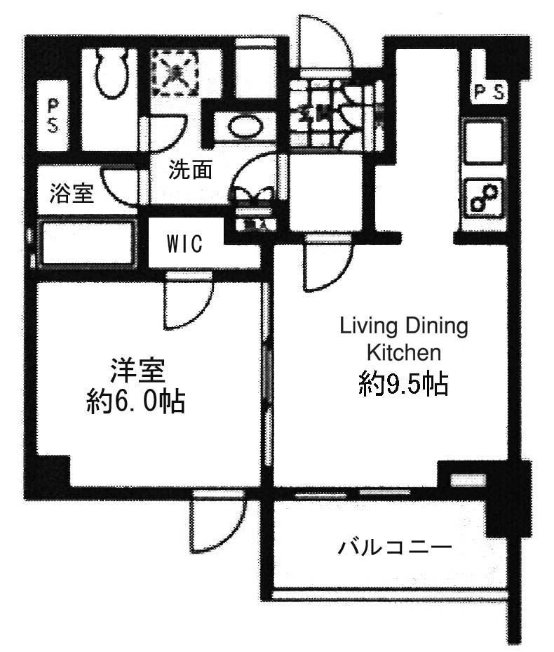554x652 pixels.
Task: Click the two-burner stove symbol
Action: click(x=485, y=198)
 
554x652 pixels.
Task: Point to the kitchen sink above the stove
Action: click(x=485, y=141)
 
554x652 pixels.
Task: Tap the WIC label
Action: click(x=184, y=244)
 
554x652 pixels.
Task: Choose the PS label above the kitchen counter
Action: click(x=489, y=92)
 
